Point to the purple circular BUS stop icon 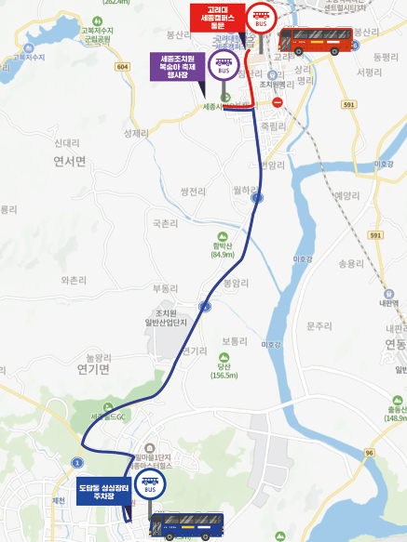click(224, 65)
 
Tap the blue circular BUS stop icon click(149, 484)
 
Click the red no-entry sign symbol click(277, 102)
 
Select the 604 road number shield click(124, 67)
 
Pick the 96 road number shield click(369, 453)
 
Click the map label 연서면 click(70, 161)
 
